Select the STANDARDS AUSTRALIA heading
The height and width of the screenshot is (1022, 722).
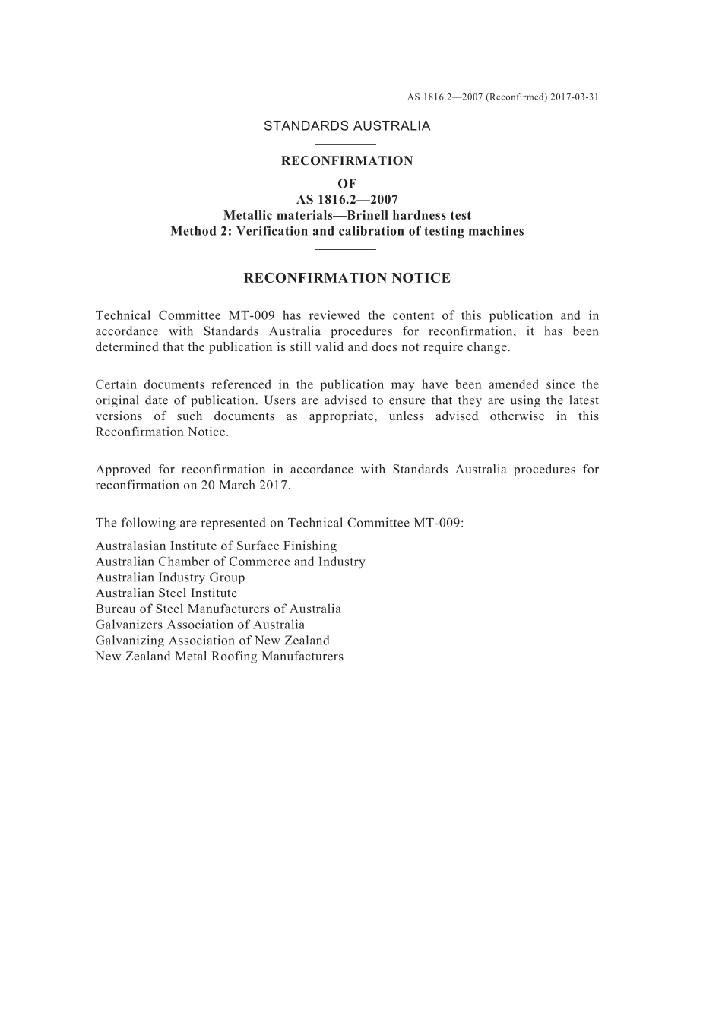click(x=347, y=126)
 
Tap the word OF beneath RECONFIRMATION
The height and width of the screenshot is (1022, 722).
click(x=347, y=184)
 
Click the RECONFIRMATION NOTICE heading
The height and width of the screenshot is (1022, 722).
click(x=347, y=278)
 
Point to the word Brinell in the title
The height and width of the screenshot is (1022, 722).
click(x=369, y=216)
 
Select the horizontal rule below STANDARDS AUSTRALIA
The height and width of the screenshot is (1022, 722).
click(x=346, y=144)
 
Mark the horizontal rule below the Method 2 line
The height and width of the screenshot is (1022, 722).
click(x=346, y=249)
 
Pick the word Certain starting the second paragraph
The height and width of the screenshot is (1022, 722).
click(x=116, y=384)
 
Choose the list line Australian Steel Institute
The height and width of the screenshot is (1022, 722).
click(x=166, y=593)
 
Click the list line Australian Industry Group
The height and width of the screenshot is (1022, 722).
click(x=170, y=577)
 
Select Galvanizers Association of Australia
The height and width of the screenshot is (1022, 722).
click(x=200, y=625)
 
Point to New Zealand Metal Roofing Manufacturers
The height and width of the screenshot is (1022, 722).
click(x=219, y=656)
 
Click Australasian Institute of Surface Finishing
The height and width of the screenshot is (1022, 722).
click(x=216, y=546)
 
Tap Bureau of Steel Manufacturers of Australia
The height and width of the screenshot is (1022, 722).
click(x=218, y=609)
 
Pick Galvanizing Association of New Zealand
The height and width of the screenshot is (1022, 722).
click(x=212, y=640)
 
